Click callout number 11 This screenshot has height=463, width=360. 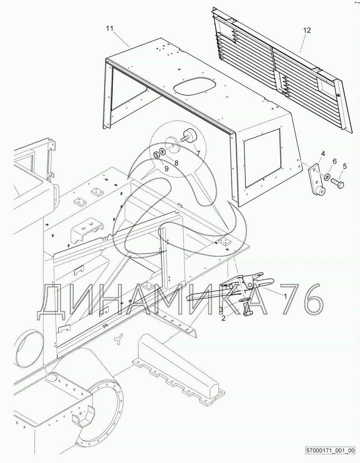[110, 29]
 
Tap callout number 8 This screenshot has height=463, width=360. [176, 163]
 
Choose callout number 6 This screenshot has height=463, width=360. [334, 161]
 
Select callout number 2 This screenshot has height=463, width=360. [224, 318]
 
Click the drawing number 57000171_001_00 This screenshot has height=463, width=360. [330, 451]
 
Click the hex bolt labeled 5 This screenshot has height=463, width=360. [338, 183]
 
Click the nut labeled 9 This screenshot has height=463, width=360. [156, 155]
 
